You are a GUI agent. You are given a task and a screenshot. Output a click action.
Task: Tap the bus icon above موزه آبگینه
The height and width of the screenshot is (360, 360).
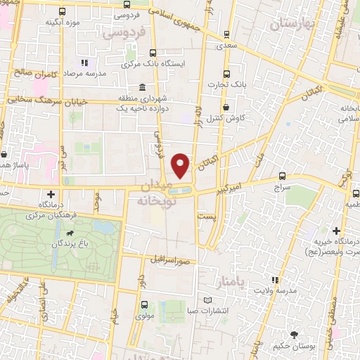tap(63, 11)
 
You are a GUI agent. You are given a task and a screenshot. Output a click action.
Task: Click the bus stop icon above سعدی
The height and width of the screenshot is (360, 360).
tap(226, 33)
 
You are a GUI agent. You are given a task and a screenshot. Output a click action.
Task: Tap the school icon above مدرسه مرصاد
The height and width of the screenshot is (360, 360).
tap(85, 63)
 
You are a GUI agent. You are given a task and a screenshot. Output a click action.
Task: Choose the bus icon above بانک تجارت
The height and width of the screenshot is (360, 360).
tap(226, 73)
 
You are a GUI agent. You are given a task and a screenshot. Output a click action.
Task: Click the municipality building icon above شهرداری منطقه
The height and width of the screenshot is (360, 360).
tap(143, 88)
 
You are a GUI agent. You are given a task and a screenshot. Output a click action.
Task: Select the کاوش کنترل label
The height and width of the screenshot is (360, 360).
tap(230, 117)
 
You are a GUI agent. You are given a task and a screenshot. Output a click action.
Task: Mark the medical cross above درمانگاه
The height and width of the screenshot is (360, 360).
tap(51, 193)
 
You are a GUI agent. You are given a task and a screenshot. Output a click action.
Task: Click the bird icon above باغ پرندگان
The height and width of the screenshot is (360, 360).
tap(70, 233)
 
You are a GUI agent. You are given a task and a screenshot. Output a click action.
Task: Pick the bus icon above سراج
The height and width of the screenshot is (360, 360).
tap(282, 176)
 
